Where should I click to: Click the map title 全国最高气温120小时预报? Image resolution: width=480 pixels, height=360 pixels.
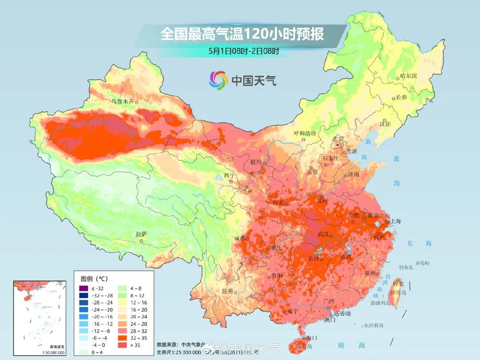coord(242,34)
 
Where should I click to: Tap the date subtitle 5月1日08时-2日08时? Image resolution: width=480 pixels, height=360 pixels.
coord(244,51)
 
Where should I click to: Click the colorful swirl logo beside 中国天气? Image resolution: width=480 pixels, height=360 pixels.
coord(218,80)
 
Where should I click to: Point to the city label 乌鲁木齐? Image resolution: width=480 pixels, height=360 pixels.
coord(122,101)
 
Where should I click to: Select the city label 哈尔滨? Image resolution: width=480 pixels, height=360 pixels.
coord(408,76)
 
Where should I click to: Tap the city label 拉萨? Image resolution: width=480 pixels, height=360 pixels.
coord(141,234)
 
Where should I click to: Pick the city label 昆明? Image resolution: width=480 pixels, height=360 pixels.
coord(227,291)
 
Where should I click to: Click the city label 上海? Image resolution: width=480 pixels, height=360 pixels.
coord(396,221)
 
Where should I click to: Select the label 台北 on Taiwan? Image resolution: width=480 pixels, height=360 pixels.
coord(398,283)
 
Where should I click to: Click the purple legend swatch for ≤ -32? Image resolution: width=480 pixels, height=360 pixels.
coord(83,288)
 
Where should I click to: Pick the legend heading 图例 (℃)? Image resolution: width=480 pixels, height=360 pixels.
coord(94,279)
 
